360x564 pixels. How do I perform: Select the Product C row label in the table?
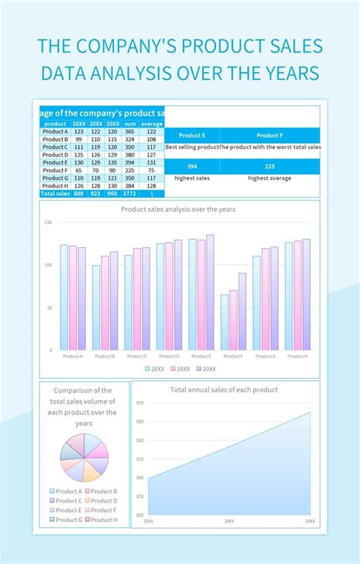click(x=55, y=147)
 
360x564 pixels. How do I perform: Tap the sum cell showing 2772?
click(x=130, y=194)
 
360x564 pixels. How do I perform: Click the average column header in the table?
click(x=152, y=124)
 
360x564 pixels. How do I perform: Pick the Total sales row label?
click(x=55, y=194)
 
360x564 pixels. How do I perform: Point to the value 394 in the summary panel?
click(x=192, y=167)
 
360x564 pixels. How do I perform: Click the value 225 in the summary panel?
click(x=270, y=167)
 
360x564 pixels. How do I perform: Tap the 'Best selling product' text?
click(x=192, y=147)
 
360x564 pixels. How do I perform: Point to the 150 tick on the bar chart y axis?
click(x=48, y=222)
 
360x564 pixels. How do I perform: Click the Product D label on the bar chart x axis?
click(x=169, y=356)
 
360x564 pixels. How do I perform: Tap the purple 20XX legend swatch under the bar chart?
click(x=198, y=369)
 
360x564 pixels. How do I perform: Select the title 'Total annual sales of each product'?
click(x=224, y=389)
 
